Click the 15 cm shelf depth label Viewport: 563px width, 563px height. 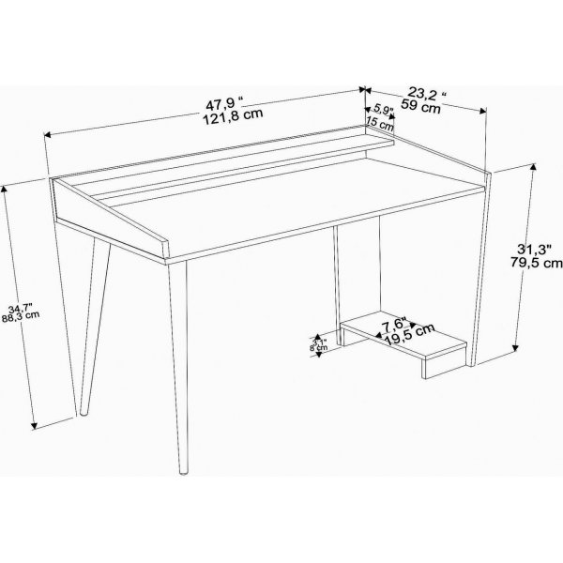pos(379,123)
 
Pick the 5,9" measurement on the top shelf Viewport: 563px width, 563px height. pos(383,109)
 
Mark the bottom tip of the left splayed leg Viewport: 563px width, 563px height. pos(81,416)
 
